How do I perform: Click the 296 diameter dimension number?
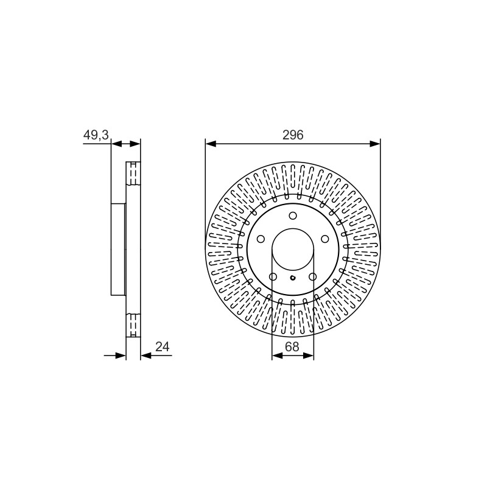tap(293, 135)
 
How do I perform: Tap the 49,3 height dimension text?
tap(96, 135)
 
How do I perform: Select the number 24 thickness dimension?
tap(163, 346)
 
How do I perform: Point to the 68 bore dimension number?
tap(292, 346)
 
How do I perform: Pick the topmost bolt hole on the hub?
tap(293, 215)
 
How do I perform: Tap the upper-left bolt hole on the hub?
tap(261, 239)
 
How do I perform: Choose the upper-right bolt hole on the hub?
tap(325, 239)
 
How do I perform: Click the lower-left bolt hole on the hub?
tap(273, 276)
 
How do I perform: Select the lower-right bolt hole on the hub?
tap(312, 276)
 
